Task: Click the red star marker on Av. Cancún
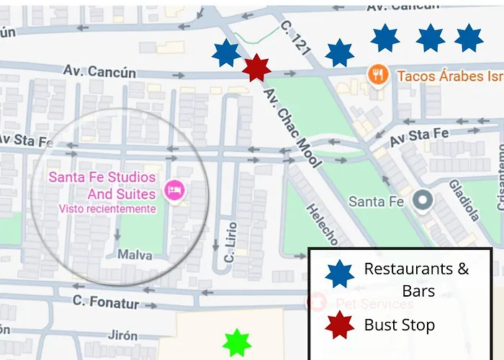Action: click(x=256, y=68)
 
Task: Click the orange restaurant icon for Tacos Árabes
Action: click(x=378, y=74)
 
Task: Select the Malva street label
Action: click(x=134, y=254)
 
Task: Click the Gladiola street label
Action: click(x=466, y=199)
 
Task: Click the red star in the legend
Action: click(x=339, y=325)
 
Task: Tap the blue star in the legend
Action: click(x=339, y=274)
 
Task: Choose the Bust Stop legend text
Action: click(x=400, y=325)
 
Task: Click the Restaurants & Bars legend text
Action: click(x=417, y=279)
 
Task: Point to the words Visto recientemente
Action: click(x=107, y=209)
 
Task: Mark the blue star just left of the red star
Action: click(x=226, y=53)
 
